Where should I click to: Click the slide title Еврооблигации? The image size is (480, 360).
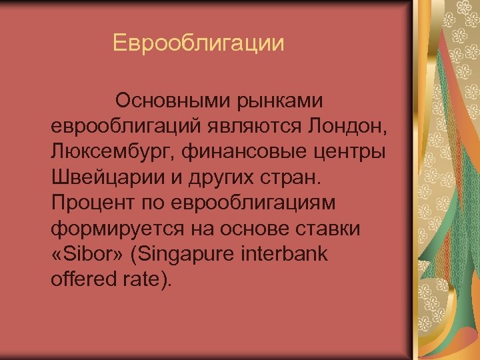coord(198,44)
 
